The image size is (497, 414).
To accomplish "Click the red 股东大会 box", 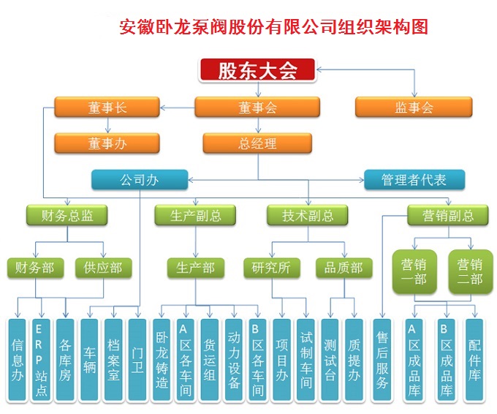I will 257,71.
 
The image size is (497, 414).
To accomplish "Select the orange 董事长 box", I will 107,108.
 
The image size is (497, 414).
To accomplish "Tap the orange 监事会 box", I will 414,108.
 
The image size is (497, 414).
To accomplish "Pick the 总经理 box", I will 257,143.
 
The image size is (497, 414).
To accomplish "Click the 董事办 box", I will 107,143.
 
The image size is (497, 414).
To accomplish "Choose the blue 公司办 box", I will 140,179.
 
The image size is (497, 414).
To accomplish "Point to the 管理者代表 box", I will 414,179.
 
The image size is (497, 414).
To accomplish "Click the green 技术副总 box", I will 308,215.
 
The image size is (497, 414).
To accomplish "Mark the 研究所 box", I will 271,268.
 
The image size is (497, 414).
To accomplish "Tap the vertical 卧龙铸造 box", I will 162,359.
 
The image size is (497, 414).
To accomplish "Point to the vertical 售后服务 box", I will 382,359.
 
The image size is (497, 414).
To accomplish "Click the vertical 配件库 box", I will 474,359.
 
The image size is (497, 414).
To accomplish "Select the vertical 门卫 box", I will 137,359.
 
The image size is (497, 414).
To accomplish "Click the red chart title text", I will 273,28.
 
